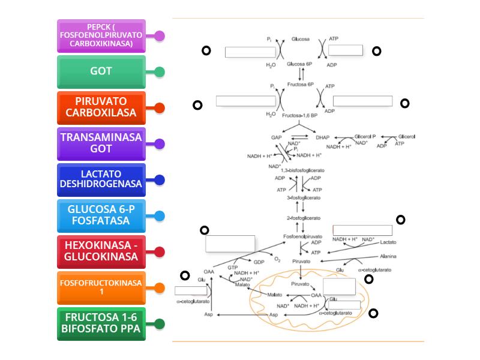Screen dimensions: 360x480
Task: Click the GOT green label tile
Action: pyautogui.click(x=101, y=72)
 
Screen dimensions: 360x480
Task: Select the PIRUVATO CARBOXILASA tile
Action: pyautogui.click(x=101, y=108)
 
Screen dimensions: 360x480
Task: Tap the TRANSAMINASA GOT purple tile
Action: pyautogui.click(x=101, y=144)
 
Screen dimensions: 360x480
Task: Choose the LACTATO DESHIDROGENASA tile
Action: pyautogui.click(x=101, y=180)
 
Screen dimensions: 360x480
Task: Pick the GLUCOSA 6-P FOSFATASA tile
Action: pyautogui.click(x=101, y=216)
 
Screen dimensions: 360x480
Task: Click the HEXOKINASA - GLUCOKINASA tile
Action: pyautogui.click(x=101, y=252)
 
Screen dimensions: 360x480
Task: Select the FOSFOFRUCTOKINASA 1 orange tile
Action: pyautogui.click(x=101, y=288)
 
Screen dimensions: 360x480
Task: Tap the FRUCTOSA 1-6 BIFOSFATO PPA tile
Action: pyautogui.click(x=101, y=324)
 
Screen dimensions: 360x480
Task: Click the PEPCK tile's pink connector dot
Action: pyautogui.click(x=159, y=36)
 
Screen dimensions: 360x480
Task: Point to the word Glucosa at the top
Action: pyautogui.click(x=301, y=39)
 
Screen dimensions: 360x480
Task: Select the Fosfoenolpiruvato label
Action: pyautogui.click(x=303, y=236)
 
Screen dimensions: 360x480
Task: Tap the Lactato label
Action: pyautogui.click(x=388, y=242)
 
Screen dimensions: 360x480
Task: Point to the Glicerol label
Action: pyautogui.click(x=406, y=137)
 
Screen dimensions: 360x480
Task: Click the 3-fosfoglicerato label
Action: pyautogui.click(x=304, y=197)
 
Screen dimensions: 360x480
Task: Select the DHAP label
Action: pyautogui.click(x=323, y=137)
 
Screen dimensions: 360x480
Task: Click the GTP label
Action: pyautogui.click(x=233, y=267)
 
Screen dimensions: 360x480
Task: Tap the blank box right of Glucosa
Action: pyautogui.click(x=346, y=50)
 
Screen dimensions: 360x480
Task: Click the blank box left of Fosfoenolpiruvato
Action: pyautogui.click(x=230, y=244)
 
